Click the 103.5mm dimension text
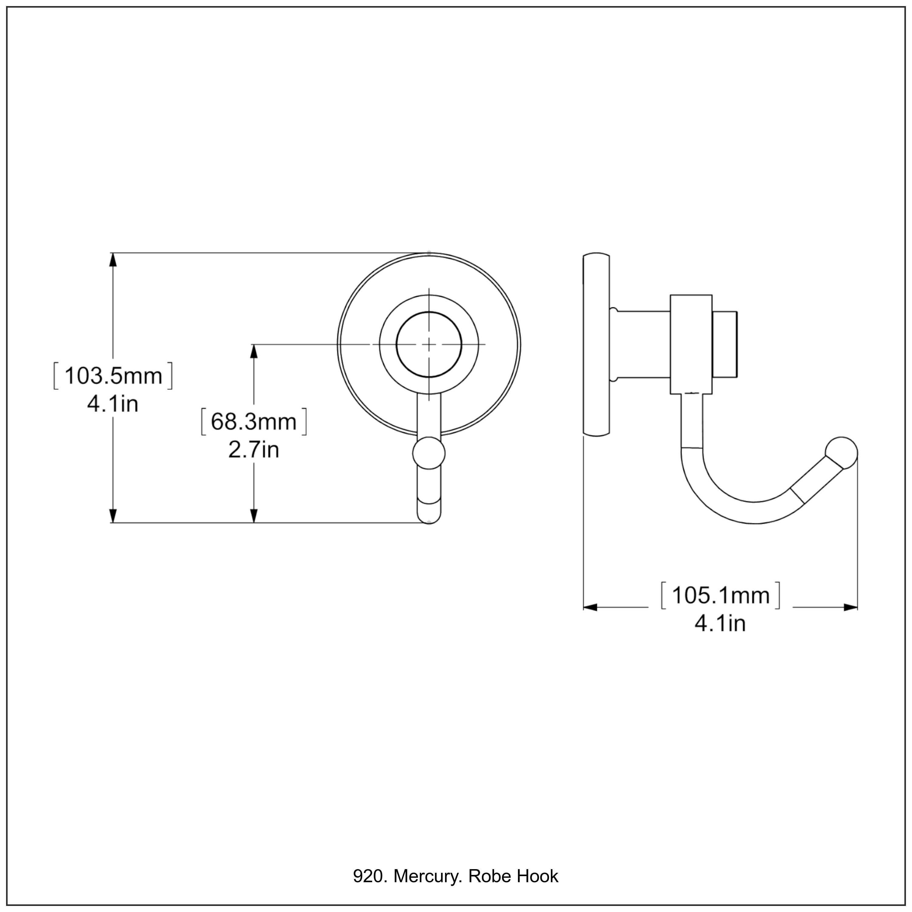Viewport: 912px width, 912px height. pyautogui.click(x=113, y=376)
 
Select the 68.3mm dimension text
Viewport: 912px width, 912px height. pyautogui.click(x=254, y=422)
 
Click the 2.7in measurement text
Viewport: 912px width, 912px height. pyautogui.click(x=254, y=450)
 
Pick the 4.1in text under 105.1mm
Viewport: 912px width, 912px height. pyautogui.click(x=720, y=624)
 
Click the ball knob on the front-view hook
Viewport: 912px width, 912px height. pyautogui.click(x=429, y=453)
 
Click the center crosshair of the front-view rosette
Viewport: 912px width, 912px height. pyautogui.click(x=429, y=345)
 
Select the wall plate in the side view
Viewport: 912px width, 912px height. pyautogui.click(x=596, y=345)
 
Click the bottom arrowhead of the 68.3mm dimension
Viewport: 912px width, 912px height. pyautogui.click(x=254, y=516)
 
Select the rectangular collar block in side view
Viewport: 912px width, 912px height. pyautogui.click(x=691, y=345)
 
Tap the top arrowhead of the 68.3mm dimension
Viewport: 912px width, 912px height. pyautogui.click(x=254, y=352)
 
